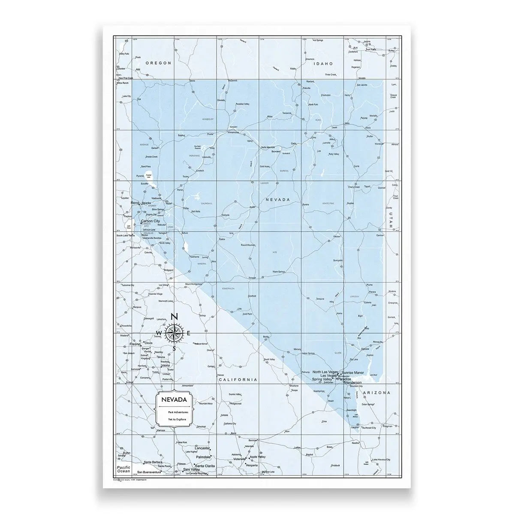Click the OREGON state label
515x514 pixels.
tap(158, 63)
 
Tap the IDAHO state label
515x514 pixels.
tap(323, 63)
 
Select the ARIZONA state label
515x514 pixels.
tap(376, 392)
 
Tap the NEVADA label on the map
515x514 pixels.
tap(278, 200)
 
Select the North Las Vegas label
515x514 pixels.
tap(325, 372)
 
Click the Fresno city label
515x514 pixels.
tap(135, 344)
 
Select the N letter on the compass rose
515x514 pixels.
tap(174, 317)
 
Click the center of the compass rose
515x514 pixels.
tap(174, 333)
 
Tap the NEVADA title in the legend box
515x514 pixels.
tap(173, 400)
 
